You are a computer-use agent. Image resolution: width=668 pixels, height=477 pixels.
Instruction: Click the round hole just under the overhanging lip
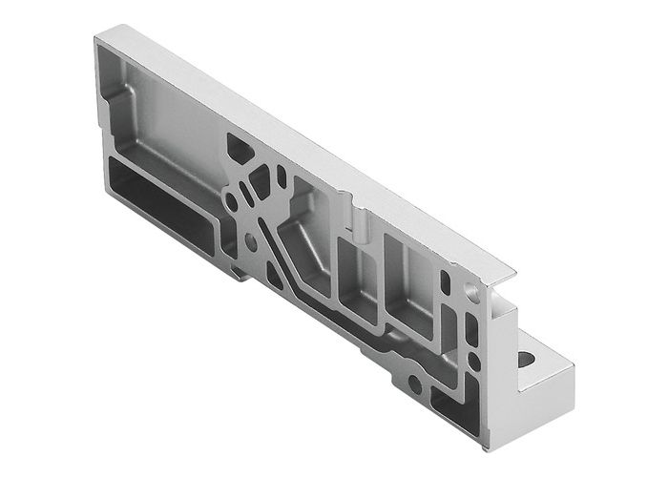pyautogui.click(x=470, y=286)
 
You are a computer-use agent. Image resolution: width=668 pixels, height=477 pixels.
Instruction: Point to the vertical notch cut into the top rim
pyautogui.click(x=361, y=221)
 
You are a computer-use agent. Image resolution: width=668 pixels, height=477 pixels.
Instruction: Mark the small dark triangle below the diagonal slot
pyautogui.click(x=275, y=277)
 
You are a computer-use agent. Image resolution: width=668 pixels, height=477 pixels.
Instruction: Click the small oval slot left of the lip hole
pyautogui.click(x=446, y=281)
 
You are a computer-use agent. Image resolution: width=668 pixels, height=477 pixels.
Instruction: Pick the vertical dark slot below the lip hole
pyautogui.click(x=470, y=329)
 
